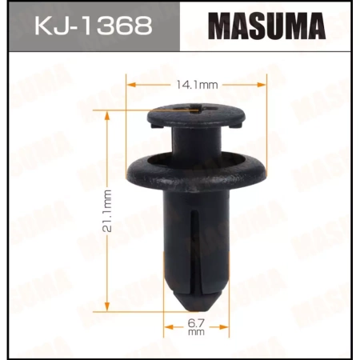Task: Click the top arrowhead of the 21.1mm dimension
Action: pos(106,110)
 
